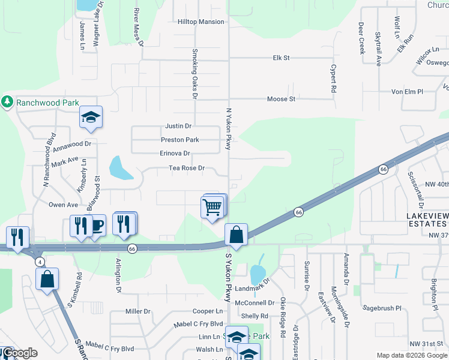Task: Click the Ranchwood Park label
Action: pos(47,103)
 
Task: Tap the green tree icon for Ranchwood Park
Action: pos(7,102)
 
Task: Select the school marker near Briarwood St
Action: pos(91,118)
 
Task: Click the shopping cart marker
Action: pos(212,208)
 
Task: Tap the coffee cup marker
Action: pos(96,226)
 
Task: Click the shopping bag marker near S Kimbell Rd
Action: pos(47,279)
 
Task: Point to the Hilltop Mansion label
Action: pos(200,22)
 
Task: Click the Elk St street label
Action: pos(281,58)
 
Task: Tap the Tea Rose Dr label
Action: pos(187,168)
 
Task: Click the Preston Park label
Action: pos(179,139)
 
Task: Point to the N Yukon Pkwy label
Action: pos(228,129)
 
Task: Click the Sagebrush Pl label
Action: pos(382,308)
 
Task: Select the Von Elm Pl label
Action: pos(407,91)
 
